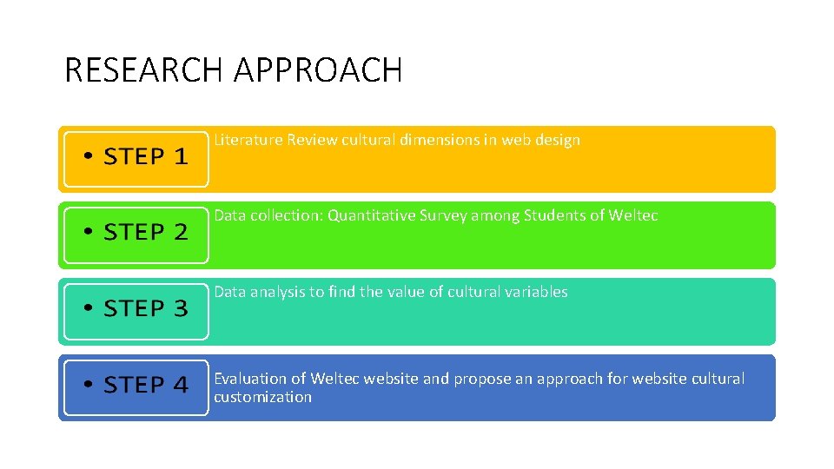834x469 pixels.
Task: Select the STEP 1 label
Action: [146, 157]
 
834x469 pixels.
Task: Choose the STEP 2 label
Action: [146, 233]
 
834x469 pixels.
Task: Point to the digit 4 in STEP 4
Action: [180, 385]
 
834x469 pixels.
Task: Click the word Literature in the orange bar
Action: [248, 140]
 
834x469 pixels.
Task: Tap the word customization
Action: [262, 398]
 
